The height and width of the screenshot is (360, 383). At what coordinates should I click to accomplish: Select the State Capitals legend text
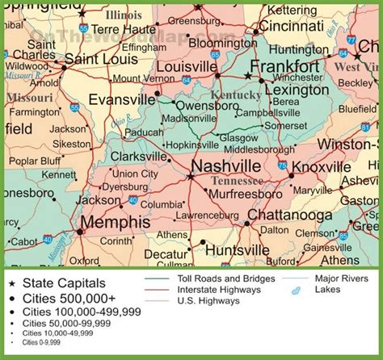click(64, 283)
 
